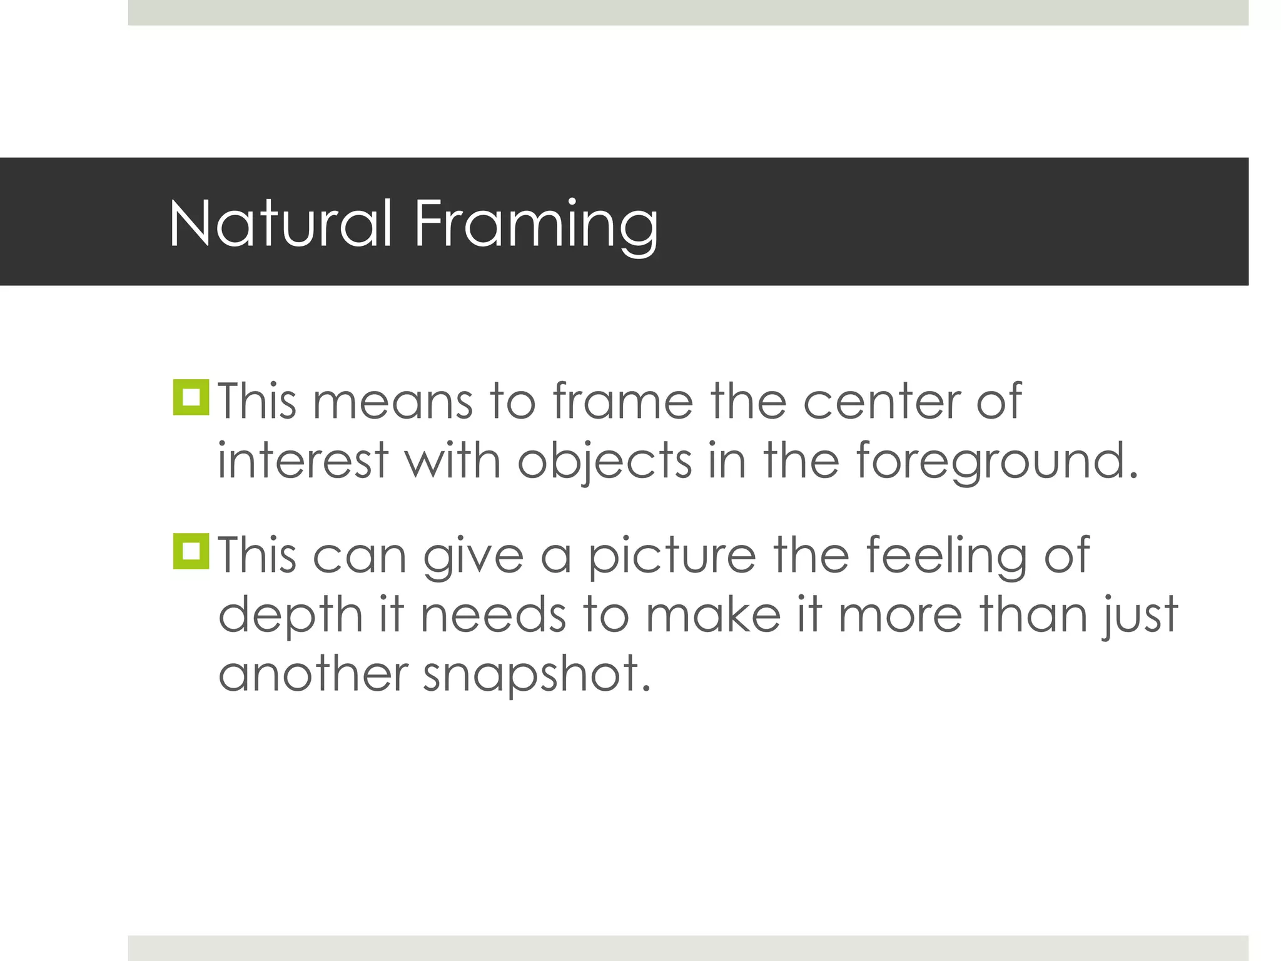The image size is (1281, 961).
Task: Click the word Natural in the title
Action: coord(281,223)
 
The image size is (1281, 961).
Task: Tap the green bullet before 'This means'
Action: coord(191,397)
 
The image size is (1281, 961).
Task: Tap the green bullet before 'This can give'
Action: coord(191,551)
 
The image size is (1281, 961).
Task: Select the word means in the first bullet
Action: coord(392,402)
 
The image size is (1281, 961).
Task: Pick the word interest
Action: coord(303,460)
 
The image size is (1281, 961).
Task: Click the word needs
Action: coord(494,615)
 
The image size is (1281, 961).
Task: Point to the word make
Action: coord(713,615)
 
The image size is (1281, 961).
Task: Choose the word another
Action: coord(313,674)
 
